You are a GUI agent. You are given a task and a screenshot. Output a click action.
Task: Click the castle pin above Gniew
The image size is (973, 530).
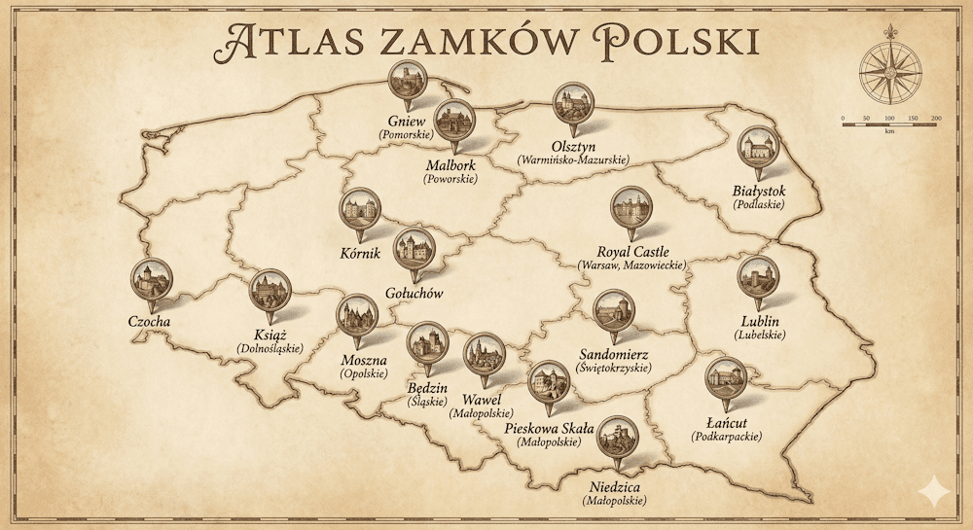pyautogui.click(x=408, y=82)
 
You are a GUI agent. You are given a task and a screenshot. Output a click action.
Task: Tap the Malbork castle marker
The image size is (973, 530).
pyautogui.click(x=453, y=121)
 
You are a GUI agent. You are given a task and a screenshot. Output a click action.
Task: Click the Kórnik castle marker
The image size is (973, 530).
pyautogui.click(x=361, y=209)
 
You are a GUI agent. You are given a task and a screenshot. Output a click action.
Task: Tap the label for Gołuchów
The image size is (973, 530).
pyautogui.click(x=414, y=292)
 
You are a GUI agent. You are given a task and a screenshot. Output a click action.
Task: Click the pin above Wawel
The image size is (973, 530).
pyautogui.click(x=484, y=354)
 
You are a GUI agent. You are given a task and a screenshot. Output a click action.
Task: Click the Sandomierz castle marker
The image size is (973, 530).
pyautogui.click(x=613, y=312)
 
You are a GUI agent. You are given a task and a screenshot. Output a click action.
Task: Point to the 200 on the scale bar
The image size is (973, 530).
pyautogui.click(x=936, y=119)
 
